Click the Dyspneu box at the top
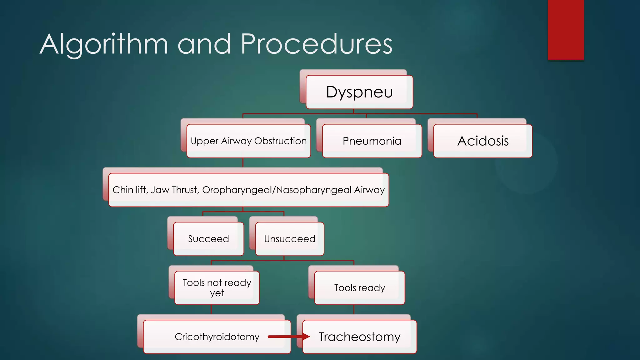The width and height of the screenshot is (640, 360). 359,92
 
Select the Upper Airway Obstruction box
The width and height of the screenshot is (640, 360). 248,141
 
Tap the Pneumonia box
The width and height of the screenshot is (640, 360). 372,141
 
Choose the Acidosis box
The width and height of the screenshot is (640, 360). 483,141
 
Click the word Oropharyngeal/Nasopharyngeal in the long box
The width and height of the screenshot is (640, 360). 277,190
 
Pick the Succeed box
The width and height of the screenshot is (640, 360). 208,239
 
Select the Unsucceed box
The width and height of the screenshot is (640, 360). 290,239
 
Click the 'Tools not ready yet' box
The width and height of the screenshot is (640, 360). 217,287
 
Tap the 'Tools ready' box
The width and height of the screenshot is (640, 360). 359,287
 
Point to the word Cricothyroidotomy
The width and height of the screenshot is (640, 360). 217,337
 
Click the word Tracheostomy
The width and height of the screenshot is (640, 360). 359,337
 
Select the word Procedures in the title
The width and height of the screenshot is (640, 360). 316,44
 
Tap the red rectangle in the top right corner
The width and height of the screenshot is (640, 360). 566,30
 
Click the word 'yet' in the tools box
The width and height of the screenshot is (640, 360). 217,293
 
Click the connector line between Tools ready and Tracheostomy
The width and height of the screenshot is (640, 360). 354,309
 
